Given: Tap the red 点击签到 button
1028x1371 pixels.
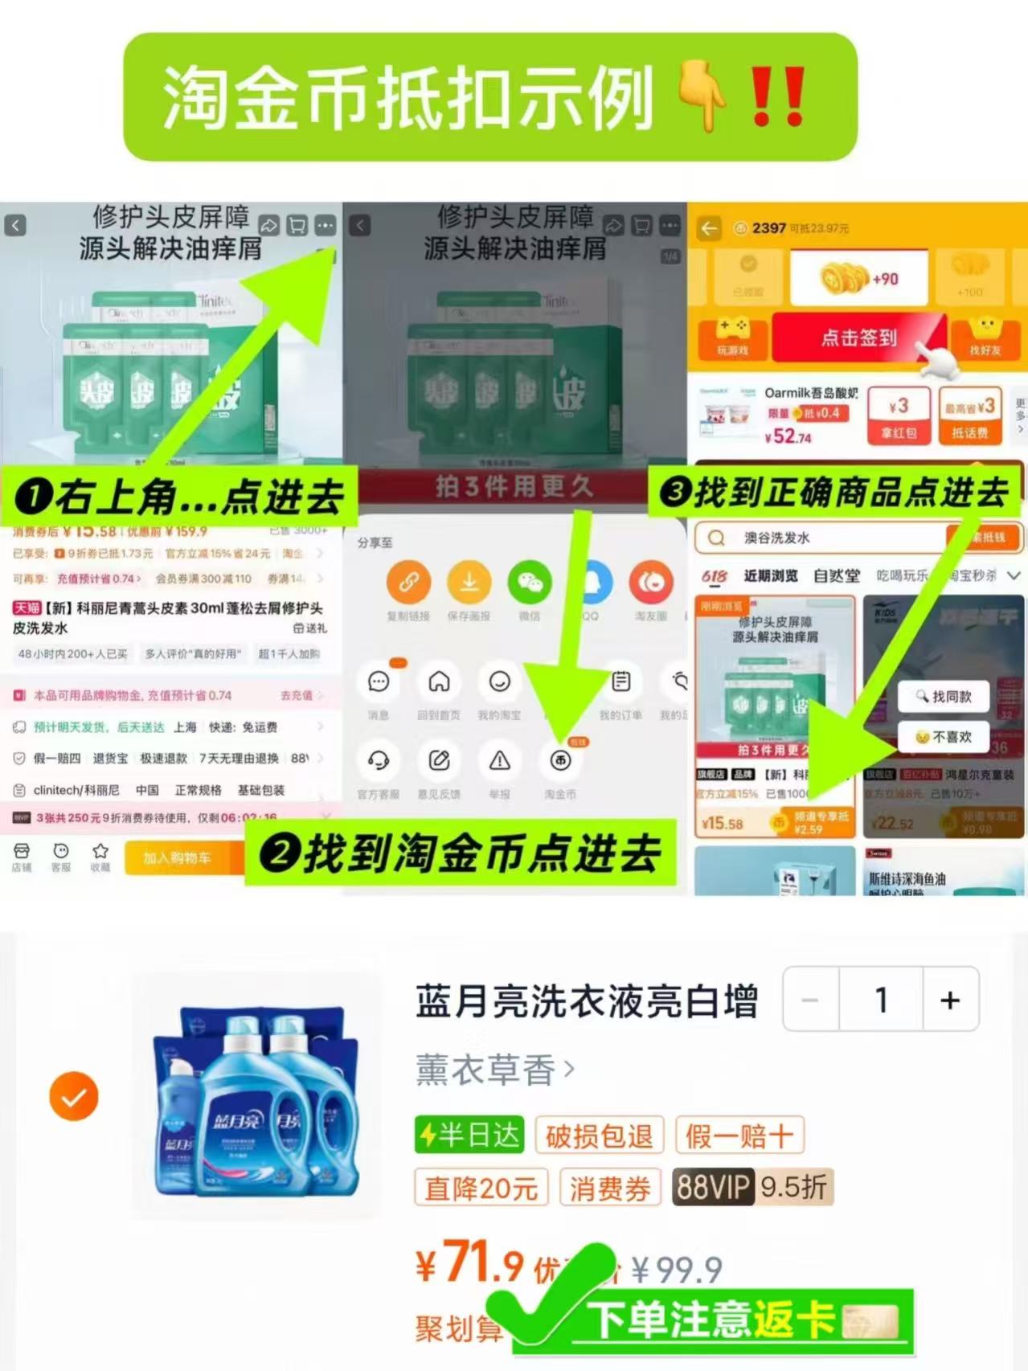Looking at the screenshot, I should click(858, 338).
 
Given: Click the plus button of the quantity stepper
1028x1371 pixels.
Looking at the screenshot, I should click(950, 1000).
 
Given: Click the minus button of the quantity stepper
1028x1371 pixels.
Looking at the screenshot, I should click(810, 1000).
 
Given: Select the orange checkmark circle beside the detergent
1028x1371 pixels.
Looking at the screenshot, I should click(74, 1096).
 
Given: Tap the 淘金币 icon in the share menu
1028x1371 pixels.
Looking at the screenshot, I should click(560, 760).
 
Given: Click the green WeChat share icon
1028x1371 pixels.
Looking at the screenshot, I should click(530, 582).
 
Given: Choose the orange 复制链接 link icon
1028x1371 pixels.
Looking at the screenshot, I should click(408, 582).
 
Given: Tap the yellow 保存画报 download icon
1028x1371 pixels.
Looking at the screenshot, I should click(469, 582).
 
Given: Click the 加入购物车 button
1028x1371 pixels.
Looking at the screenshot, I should click(178, 858).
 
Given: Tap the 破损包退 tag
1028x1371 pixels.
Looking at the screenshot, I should click(599, 1136).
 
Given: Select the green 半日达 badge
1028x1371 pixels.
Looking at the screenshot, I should click(469, 1136).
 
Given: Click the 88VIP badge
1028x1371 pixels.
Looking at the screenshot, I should click(712, 1187).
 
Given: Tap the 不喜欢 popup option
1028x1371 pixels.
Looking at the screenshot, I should click(943, 736).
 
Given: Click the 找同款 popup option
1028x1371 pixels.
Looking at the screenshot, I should click(943, 696).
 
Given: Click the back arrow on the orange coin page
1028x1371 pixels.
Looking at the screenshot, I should click(708, 229).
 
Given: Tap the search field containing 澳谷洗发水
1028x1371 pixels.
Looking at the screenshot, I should click(820, 538).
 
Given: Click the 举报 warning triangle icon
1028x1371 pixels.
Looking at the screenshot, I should click(499, 760).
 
